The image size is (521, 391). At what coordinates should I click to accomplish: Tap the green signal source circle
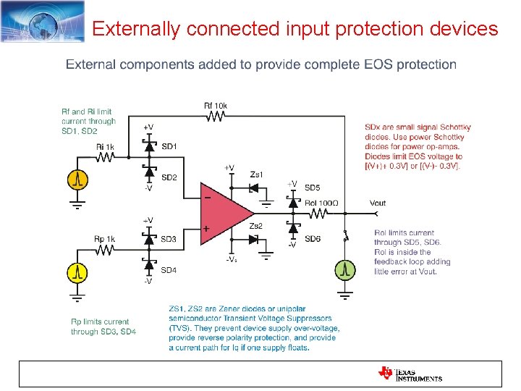(346, 270)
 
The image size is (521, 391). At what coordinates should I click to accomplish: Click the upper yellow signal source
(77, 177)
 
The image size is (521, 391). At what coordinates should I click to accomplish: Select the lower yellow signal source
(77, 272)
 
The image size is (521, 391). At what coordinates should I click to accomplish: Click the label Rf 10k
(216, 106)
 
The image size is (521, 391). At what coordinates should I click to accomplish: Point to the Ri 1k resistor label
(106, 147)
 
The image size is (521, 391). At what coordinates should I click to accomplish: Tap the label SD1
(169, 146)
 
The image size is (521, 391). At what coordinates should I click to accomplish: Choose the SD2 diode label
(169, 177)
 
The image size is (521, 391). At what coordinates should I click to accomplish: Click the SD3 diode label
(169, 239)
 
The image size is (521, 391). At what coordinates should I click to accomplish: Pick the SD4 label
(169, 270)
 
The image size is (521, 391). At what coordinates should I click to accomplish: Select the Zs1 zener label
(257, 175)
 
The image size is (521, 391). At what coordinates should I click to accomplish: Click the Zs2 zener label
(258, 226)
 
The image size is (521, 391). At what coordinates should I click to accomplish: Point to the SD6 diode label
(313, 239)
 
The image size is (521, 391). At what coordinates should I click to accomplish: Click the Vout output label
(378, 203)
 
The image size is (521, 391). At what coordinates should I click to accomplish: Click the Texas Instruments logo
(410, 373)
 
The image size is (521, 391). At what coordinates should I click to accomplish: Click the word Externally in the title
(136, 29)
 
